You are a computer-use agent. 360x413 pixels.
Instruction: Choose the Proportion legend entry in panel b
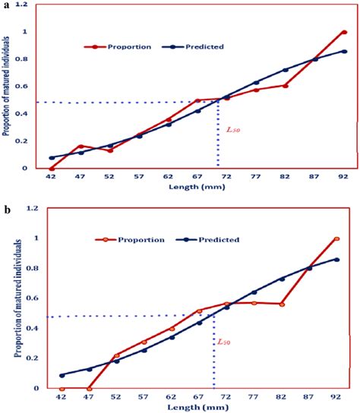coord(141,240)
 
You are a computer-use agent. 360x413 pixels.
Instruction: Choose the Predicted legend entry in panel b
coord(216,240)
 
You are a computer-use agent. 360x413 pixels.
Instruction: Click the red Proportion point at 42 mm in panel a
coord(52,169)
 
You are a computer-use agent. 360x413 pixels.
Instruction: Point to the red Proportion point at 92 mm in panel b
coord(336,239)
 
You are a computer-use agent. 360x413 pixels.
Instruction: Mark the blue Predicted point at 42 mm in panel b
coord(62,375)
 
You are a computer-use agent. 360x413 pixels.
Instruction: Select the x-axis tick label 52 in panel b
coord(117,397)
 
